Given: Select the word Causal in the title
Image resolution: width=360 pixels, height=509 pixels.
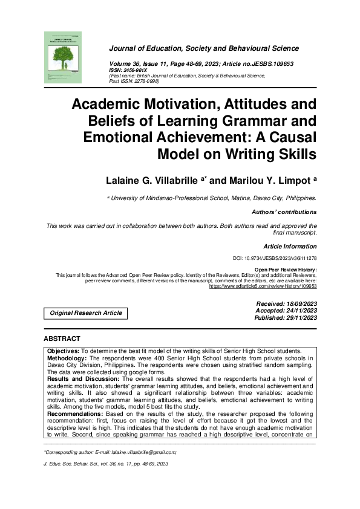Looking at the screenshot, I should point(289,137).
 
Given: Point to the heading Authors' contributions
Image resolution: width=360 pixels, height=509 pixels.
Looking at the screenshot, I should point(284,212).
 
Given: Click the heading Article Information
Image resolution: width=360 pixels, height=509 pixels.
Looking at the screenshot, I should point(290,246).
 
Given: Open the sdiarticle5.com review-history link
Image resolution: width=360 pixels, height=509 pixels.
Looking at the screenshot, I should point(263,286).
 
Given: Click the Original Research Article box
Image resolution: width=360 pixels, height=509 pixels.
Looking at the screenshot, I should point(85,313).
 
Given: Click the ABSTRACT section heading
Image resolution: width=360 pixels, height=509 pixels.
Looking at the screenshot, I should point(62,339).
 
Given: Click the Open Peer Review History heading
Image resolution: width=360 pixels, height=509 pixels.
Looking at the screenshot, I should point(286,270).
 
